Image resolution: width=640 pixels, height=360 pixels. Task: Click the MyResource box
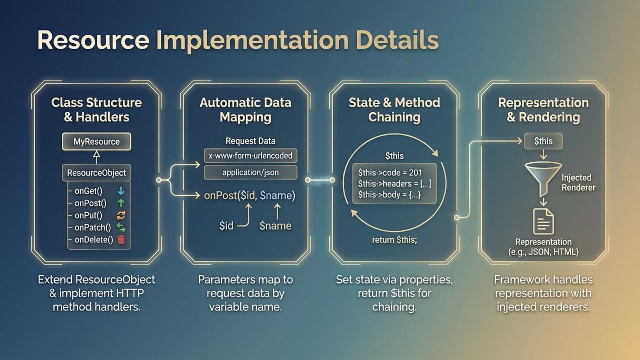pyautogui.click(x=96, y=142)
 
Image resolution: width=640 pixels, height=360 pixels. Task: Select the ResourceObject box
pyautogui.click(x=96, y=173)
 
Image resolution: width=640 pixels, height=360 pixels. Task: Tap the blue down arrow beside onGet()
pyautogui.click(x=121, y=191)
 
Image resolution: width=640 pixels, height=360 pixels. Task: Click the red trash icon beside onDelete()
pyautogui.click(x=121, y=240)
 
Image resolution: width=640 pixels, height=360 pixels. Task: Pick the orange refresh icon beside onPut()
pyautogui.click(x=121, y=215)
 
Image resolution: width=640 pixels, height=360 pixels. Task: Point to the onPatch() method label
pyautogui.click(x=92, y=228)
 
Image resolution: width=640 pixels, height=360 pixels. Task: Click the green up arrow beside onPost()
pyautogui.click(x=121, y=203)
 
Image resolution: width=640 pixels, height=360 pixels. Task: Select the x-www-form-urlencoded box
pyautogui.click(x=250, y=156)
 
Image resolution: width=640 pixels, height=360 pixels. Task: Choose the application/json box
pyautogui.click(x=250, y=173)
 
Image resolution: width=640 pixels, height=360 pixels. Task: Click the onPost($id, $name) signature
pyautogui.click(x=249, y=195)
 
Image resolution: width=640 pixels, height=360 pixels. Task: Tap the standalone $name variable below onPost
pyautogui.click(x=275, y=226)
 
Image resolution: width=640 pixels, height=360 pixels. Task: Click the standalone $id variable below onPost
pyautogui.click(x=226, y=226)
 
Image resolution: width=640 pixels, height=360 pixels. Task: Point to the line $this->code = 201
pyautogui.click(x=390, y=173)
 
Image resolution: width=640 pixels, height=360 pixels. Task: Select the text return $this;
pyautogui.click(x=394, y=240)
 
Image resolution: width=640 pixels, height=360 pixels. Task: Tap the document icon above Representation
pyautogui.click(x=543, y=221)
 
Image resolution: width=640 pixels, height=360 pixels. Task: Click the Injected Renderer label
pyautogui.click(x=578, y=183)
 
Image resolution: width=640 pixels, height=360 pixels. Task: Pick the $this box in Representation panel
pyautogui.click(x=543, y=141)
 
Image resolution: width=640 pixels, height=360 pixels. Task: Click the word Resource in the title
pyautogui.click(x=93, y=40)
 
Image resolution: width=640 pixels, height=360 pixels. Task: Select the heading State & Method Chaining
pyautogui.click(x=394, y=110)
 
